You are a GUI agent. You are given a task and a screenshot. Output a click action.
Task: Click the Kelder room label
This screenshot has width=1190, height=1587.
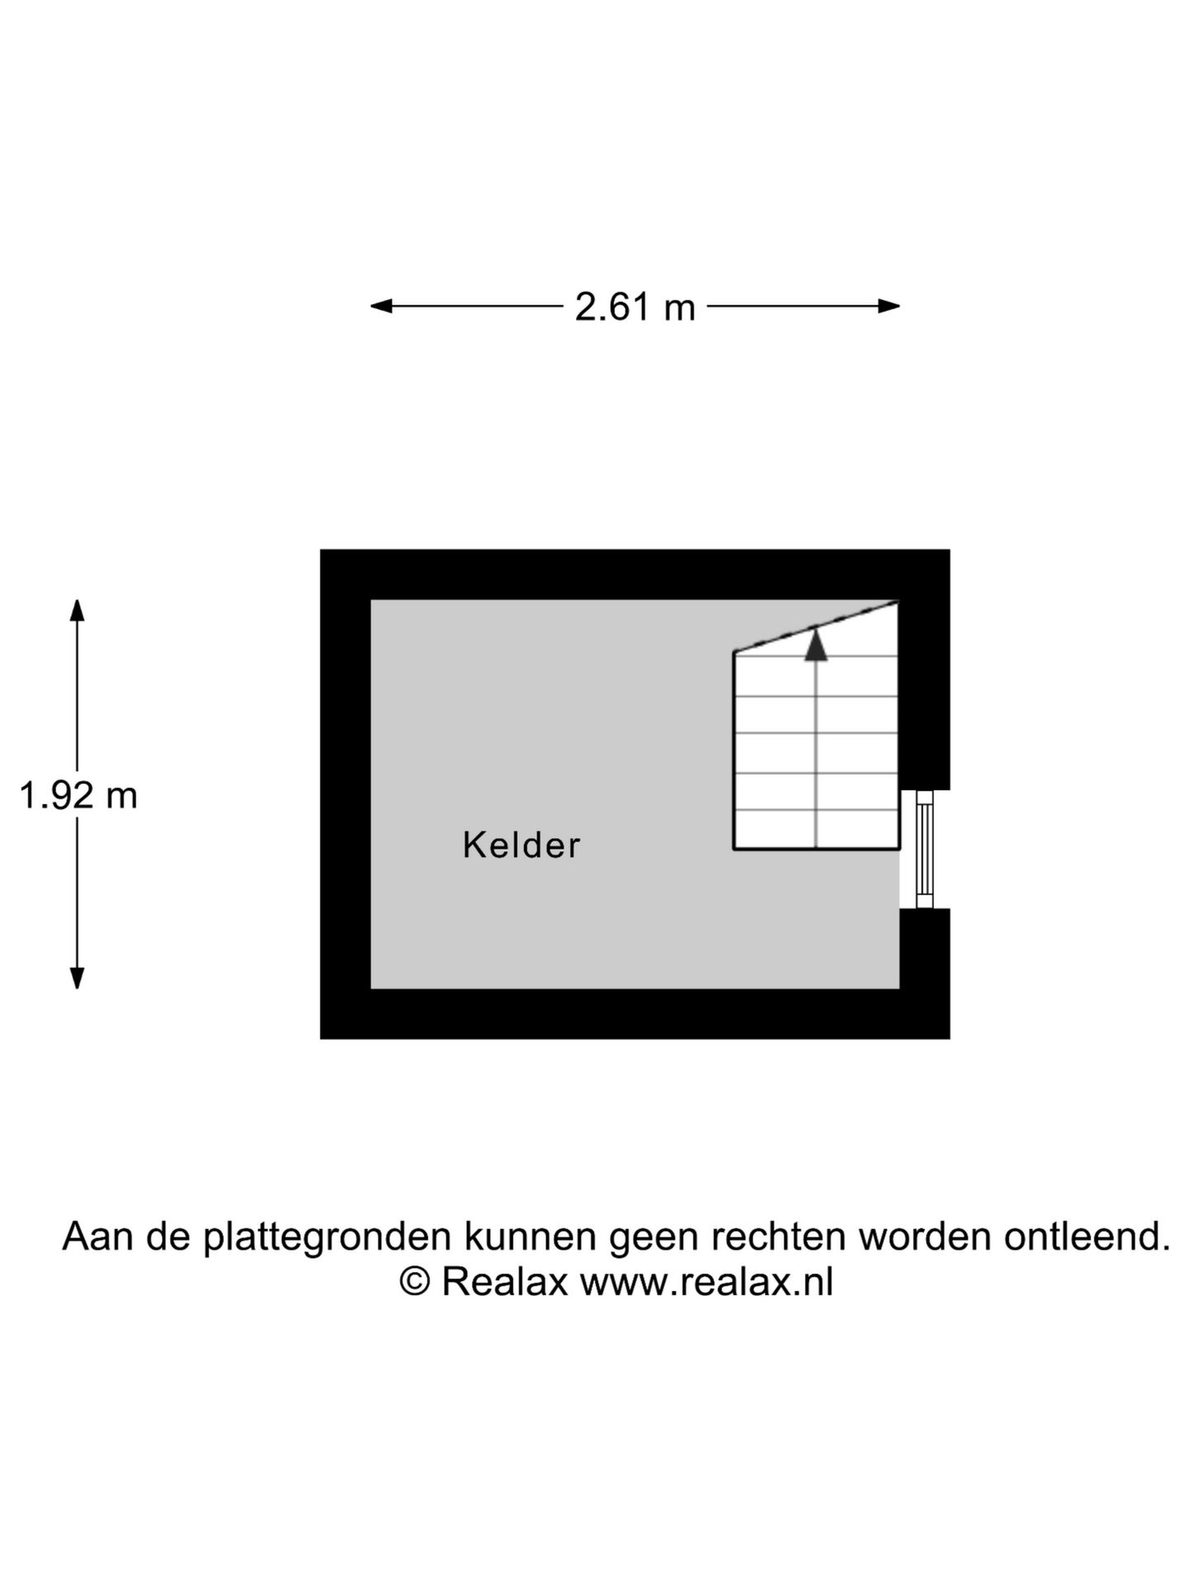tap(521, 845)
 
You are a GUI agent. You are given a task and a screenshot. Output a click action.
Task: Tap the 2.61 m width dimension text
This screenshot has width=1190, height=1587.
tap(635, 307)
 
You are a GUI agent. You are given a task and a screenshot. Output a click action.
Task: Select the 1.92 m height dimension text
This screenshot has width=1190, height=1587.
tap(79, 796)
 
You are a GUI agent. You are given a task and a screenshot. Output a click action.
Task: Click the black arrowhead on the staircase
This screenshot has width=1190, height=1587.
tap(816, 645)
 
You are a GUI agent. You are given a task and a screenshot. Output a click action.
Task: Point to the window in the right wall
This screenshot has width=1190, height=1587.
tap(925, 849)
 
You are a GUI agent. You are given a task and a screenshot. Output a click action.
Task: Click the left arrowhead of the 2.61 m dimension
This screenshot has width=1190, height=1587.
tap(381, 306)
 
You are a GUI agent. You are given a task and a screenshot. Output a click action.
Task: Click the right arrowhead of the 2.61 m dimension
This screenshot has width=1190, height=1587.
tap(889, 306)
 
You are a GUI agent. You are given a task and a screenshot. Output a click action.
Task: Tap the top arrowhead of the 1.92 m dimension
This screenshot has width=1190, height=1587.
tap(77, 610)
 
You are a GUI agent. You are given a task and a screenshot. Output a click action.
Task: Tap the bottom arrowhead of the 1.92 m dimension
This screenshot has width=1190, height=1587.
tap(77, 978)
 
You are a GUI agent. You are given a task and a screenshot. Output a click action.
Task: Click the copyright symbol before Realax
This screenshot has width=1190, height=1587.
tap(415, 1282)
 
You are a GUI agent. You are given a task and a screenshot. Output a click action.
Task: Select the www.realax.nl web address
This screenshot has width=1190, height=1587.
tap(707, 1282)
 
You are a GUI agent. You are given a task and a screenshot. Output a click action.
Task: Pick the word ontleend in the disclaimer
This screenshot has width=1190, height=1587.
tap(1087, 1237)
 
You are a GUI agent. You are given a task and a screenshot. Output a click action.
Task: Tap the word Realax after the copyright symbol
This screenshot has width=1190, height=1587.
tap(505, 1282)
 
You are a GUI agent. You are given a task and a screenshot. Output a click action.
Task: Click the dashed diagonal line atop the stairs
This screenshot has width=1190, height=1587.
tap(816, 627)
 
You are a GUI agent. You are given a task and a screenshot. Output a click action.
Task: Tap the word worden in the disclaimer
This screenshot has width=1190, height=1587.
tap(925, 1237)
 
